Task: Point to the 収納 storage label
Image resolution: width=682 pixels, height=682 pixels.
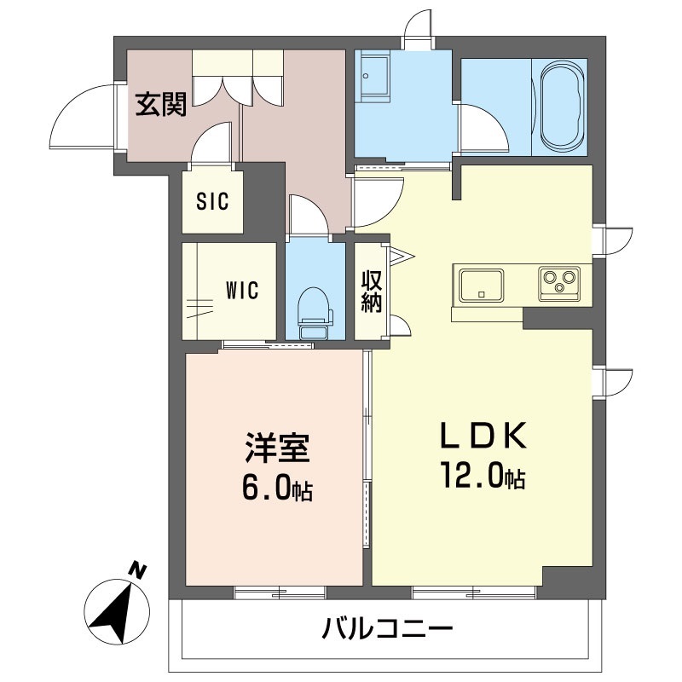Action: tap(371, 292)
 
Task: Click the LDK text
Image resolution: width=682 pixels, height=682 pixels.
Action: tap(482, 437)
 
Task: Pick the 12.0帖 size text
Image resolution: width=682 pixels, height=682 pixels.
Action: tap(482, 475)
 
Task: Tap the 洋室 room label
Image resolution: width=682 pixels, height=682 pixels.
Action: tap(276, 449)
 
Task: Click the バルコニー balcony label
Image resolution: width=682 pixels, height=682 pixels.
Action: tap(386, 631)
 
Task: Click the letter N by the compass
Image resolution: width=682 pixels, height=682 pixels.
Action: tap(136, 569)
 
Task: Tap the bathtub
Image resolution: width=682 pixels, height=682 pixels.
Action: tap(562, 107)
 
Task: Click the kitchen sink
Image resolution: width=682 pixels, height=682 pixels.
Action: tap(482, 284)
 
